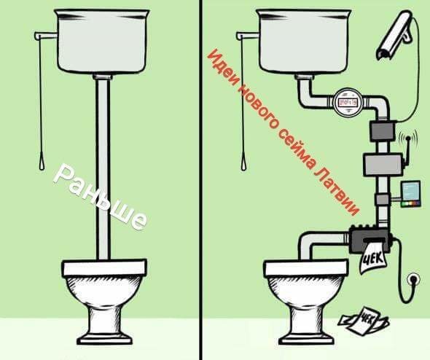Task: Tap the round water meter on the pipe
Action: pyautogui.click(x=348, y=102)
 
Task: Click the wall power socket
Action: pyautogui.click(x=413, y=280)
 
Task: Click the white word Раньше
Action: pyautogui.click(x=101, y=197)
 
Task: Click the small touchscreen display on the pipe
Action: pyautogui.click(x=410, y=194)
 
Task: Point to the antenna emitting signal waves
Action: pyautogui.click(x=407, y=149)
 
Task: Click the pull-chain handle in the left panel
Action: pyautogui.click(x=42, y=164)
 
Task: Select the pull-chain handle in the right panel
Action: pyautogui.click(x=243, y=164)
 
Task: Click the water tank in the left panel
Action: pyautogui.click(x=102, y=42)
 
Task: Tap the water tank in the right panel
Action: pyautogui.click(x=304, y=42)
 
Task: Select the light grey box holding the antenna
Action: pyautogui.click(x=383, y=165)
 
